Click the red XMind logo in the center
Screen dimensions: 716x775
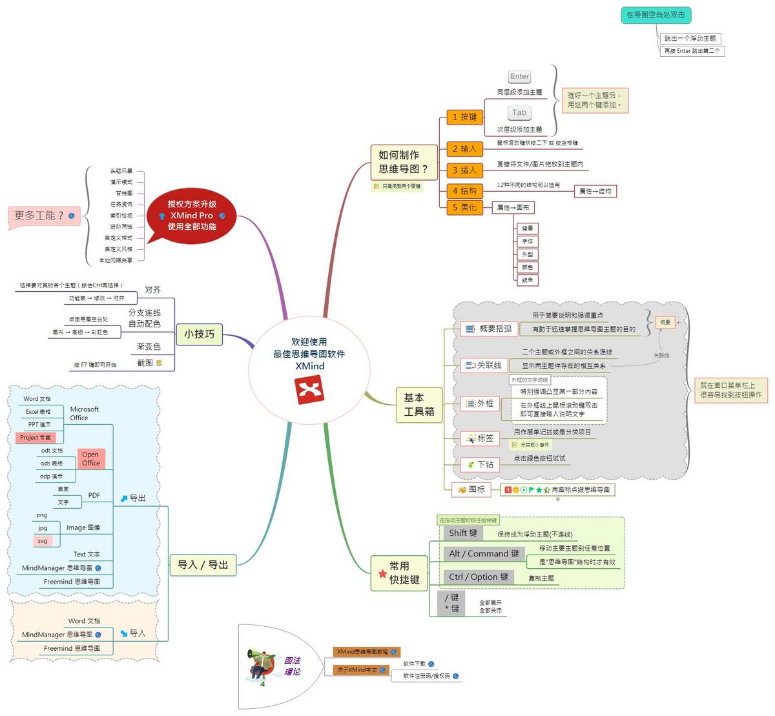click(309, 390)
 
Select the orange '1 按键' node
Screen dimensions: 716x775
click(464, 117)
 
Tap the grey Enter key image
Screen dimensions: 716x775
click(519, 77)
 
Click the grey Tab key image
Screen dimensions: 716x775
click(519, 113)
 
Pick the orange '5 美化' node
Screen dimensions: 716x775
click(464, 207)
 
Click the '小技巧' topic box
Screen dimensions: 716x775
click(199, 334)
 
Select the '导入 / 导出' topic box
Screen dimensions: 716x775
click(203, 565)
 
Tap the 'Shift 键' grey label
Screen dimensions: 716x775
click(463, 533)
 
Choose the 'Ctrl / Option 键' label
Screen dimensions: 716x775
click(479, 577)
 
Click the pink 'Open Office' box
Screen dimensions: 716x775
click(91, 458)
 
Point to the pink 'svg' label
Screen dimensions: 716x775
click(43, 541)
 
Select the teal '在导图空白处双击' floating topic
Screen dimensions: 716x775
click(656, 15)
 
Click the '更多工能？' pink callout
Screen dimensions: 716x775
click(44, 216)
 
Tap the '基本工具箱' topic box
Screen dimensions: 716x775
click(419, 404)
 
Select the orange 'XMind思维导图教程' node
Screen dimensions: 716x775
click(366, 652)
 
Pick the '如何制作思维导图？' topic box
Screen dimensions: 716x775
click(403, 162)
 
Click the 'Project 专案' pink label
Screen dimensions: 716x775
click(35, 438)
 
